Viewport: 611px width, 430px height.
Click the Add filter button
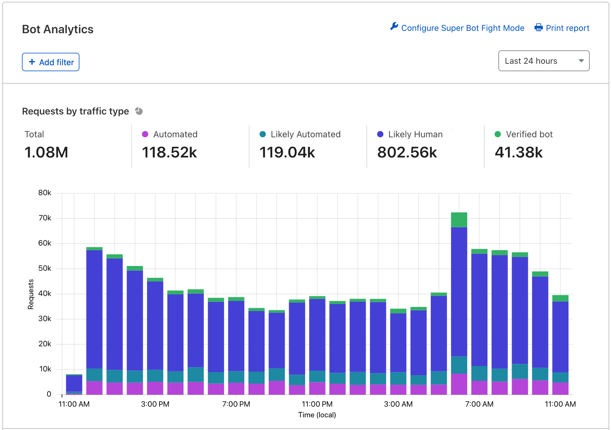click(51, 62)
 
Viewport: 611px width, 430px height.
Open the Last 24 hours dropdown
click(543, 61)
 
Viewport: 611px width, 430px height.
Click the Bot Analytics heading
click(58, 29)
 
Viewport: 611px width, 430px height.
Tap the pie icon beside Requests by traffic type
click(139, 111)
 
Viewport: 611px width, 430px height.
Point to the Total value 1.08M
click(46, 152)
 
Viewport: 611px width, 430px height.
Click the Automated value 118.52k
click(169, 152)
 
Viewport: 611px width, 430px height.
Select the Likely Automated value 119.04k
click(287, 152)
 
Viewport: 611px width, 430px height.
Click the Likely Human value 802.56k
click(407, 152)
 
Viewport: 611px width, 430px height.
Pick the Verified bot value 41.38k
click(519, 152)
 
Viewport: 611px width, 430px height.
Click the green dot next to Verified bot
click(498, 134)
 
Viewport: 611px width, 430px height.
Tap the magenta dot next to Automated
click(145, 134)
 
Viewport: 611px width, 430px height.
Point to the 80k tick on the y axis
click(45, 193)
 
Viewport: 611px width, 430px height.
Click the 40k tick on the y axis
click(45, 294)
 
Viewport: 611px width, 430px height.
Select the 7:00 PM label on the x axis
click(236, 404)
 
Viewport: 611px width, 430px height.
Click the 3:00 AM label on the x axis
click(398, 404)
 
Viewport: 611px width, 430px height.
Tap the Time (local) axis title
click(317, 415)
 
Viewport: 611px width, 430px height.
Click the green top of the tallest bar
click(459, 220)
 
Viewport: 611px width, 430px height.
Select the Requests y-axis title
click(31, 294)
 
